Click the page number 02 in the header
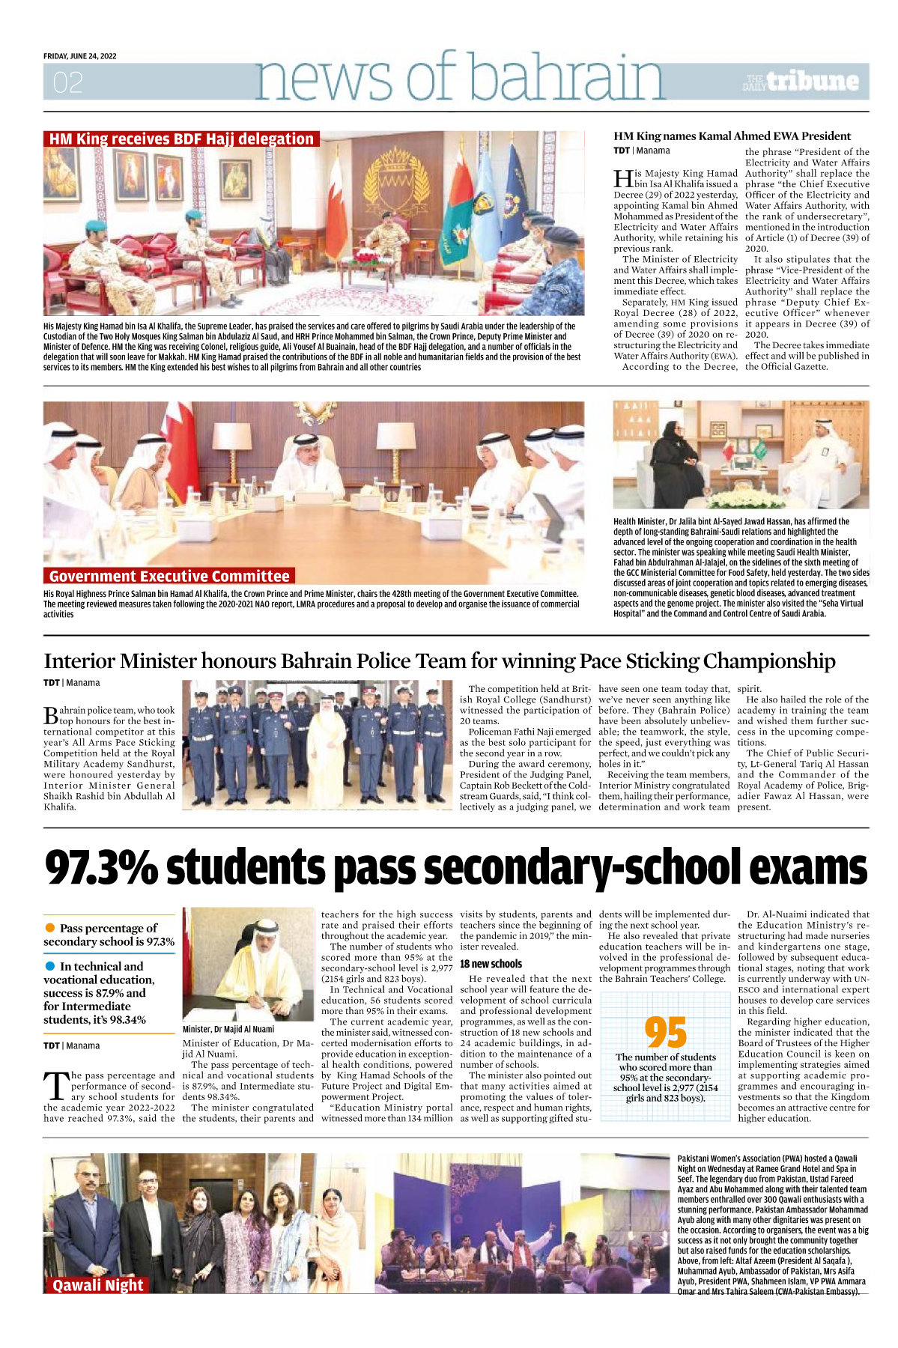click(67, 82)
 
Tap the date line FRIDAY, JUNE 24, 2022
click(80, 56)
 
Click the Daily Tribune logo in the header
click(801, 82)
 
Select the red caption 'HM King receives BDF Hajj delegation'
click(181, 139)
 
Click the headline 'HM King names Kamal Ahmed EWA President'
click(732, 136)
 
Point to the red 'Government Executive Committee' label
click(169, 576)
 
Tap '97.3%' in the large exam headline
click(101, 868)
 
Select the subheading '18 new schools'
click(491, 964)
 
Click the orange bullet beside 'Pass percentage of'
click(50, 928)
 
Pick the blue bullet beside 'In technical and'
click(50, 966)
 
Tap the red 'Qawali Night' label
click(97, 1285)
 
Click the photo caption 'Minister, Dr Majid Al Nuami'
click(228, 1029)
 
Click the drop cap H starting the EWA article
click(622, 178)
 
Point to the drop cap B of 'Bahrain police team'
click(51, 715)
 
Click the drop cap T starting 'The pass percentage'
click(56, 1086)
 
